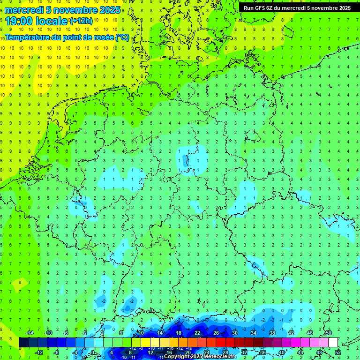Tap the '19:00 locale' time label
pyautogui.click(x=36, y=21)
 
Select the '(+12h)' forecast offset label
pyautogui.click(x=81, y=21)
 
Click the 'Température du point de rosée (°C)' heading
pyautogui.click(x=67, y=37)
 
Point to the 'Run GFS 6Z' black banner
pyautogui.click(x=297, y=7)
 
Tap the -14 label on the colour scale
pyautogui.click(x=29, y=333)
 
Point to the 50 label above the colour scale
pyautogui.click(x=328, y=333)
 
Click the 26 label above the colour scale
pyautogui.click(x=216, y=333)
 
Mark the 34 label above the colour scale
pyautogui.click(x=253, y=333)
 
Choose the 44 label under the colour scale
pyautogui.click(x=300, y=352)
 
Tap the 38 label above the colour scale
pyautogui.click(x=272, y=333)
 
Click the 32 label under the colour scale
pyautogui.click(x=244, y=352)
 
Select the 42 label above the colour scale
pyautogui.click(x=291, y=333)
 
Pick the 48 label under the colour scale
pyautogui.click(x=319, y=352)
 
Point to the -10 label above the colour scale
pyautogui.click(x=48, y=333)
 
